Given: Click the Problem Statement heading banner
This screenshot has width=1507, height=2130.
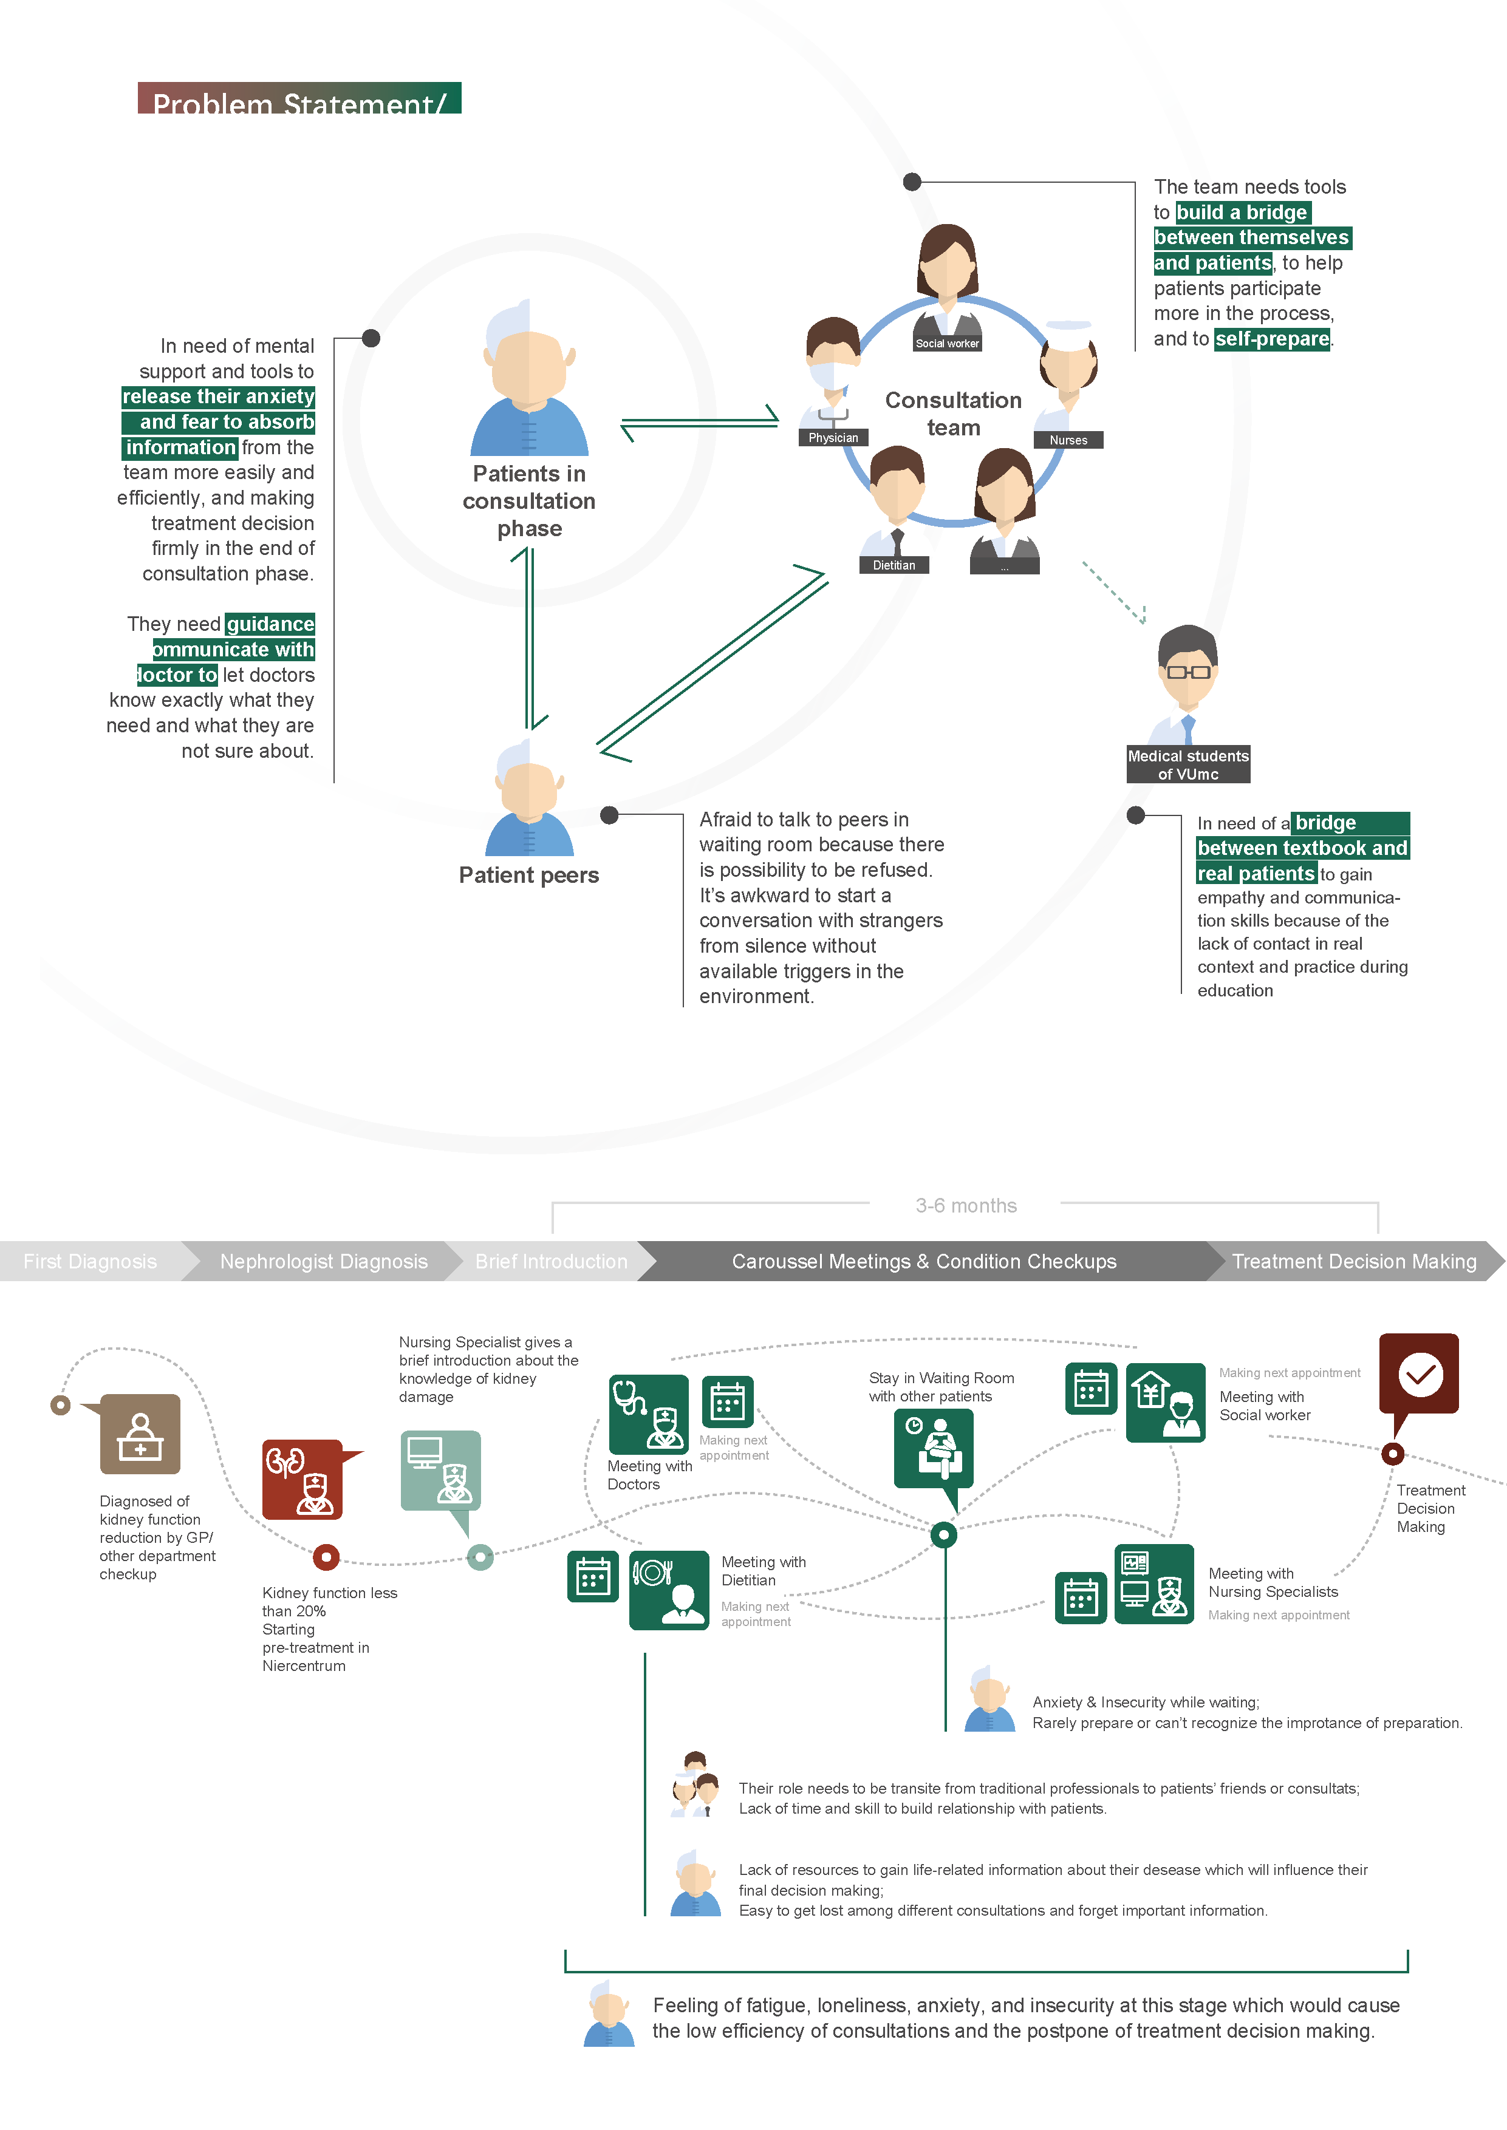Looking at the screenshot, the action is point(299,99).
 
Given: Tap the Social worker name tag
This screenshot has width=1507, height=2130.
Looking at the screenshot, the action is point(946,343).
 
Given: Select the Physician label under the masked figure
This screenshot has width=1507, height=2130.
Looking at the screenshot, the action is point(832,438).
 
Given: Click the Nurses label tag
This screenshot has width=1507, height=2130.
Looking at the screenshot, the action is point(1068,440).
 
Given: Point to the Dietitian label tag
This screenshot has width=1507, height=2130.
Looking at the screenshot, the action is point(894,565).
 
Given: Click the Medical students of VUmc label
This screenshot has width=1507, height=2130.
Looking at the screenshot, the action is point(1187,764).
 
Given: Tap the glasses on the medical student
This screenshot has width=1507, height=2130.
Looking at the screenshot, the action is point(1187,671).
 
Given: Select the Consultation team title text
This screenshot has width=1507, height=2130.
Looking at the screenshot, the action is point(953,413).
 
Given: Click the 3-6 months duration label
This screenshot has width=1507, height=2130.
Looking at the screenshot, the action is point(966,1205).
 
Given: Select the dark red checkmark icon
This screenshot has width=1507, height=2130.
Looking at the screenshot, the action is point(1419,1374).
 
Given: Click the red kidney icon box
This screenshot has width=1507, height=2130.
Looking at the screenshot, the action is point(302,1478).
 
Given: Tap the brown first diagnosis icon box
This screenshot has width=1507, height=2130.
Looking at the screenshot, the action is point(140,1434).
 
